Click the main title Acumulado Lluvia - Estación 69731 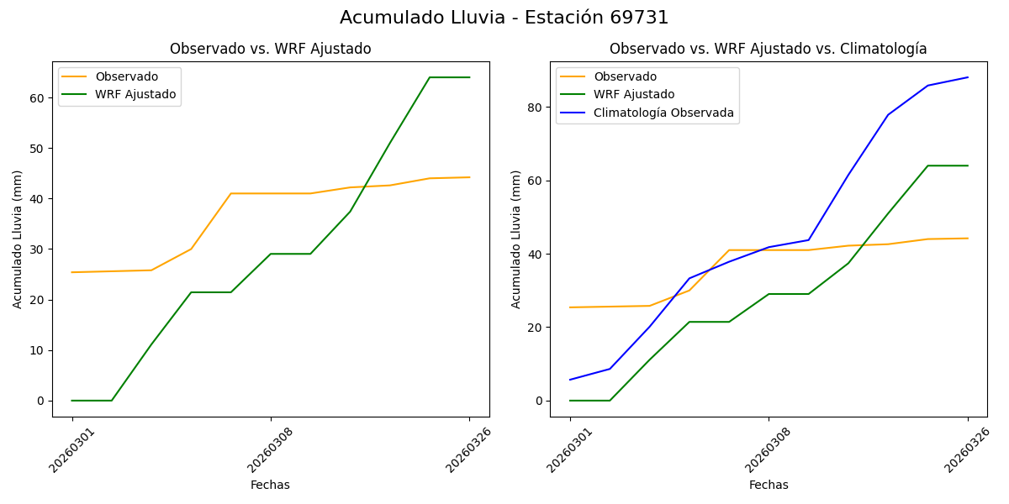(504, 18)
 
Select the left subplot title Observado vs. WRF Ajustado (270, 50)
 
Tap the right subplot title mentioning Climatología (768, 50)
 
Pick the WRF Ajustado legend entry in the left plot (135, 94)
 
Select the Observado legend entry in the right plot (625, 76)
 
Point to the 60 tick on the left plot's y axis (37, 98)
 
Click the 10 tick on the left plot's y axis (37, 350)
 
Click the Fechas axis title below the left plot (270, 485)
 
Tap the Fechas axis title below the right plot (769, 485)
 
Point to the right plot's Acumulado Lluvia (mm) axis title (516, 239)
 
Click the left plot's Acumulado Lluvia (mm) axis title (18, 239)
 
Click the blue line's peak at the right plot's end (968, 77)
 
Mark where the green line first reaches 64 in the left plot (430, 77)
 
